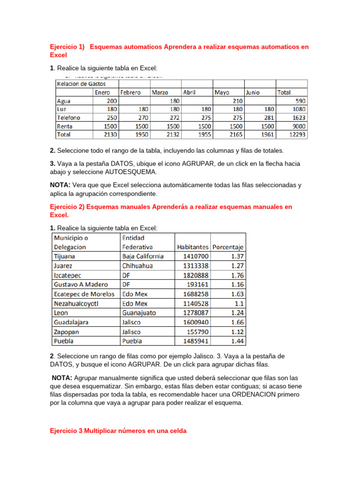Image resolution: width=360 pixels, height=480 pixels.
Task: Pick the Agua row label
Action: [64, 101]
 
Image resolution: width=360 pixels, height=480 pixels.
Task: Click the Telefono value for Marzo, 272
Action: [173, 118]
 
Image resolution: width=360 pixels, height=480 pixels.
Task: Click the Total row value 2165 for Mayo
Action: [234, 135]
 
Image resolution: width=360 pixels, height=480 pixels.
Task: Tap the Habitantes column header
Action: [192, 247]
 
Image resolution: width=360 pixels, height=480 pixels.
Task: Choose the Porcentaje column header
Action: [228, 247]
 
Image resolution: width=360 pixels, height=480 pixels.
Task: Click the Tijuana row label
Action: [64, 256]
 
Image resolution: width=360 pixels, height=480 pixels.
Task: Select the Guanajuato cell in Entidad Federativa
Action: [139, 313]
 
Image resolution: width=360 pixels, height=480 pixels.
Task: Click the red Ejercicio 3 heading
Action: [118, 432]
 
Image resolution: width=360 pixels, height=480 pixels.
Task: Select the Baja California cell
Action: [142, 256]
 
